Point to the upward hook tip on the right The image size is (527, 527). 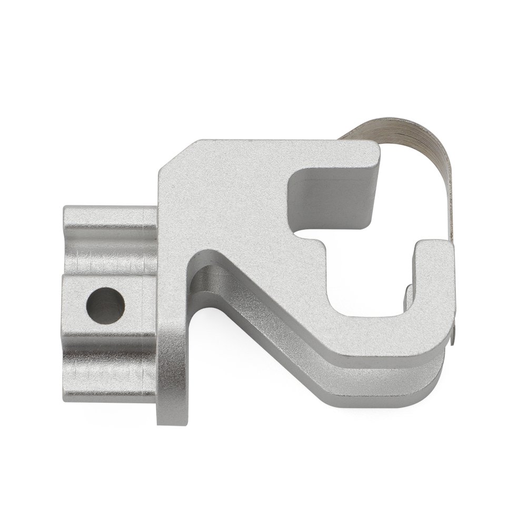[x=434, y=250]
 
